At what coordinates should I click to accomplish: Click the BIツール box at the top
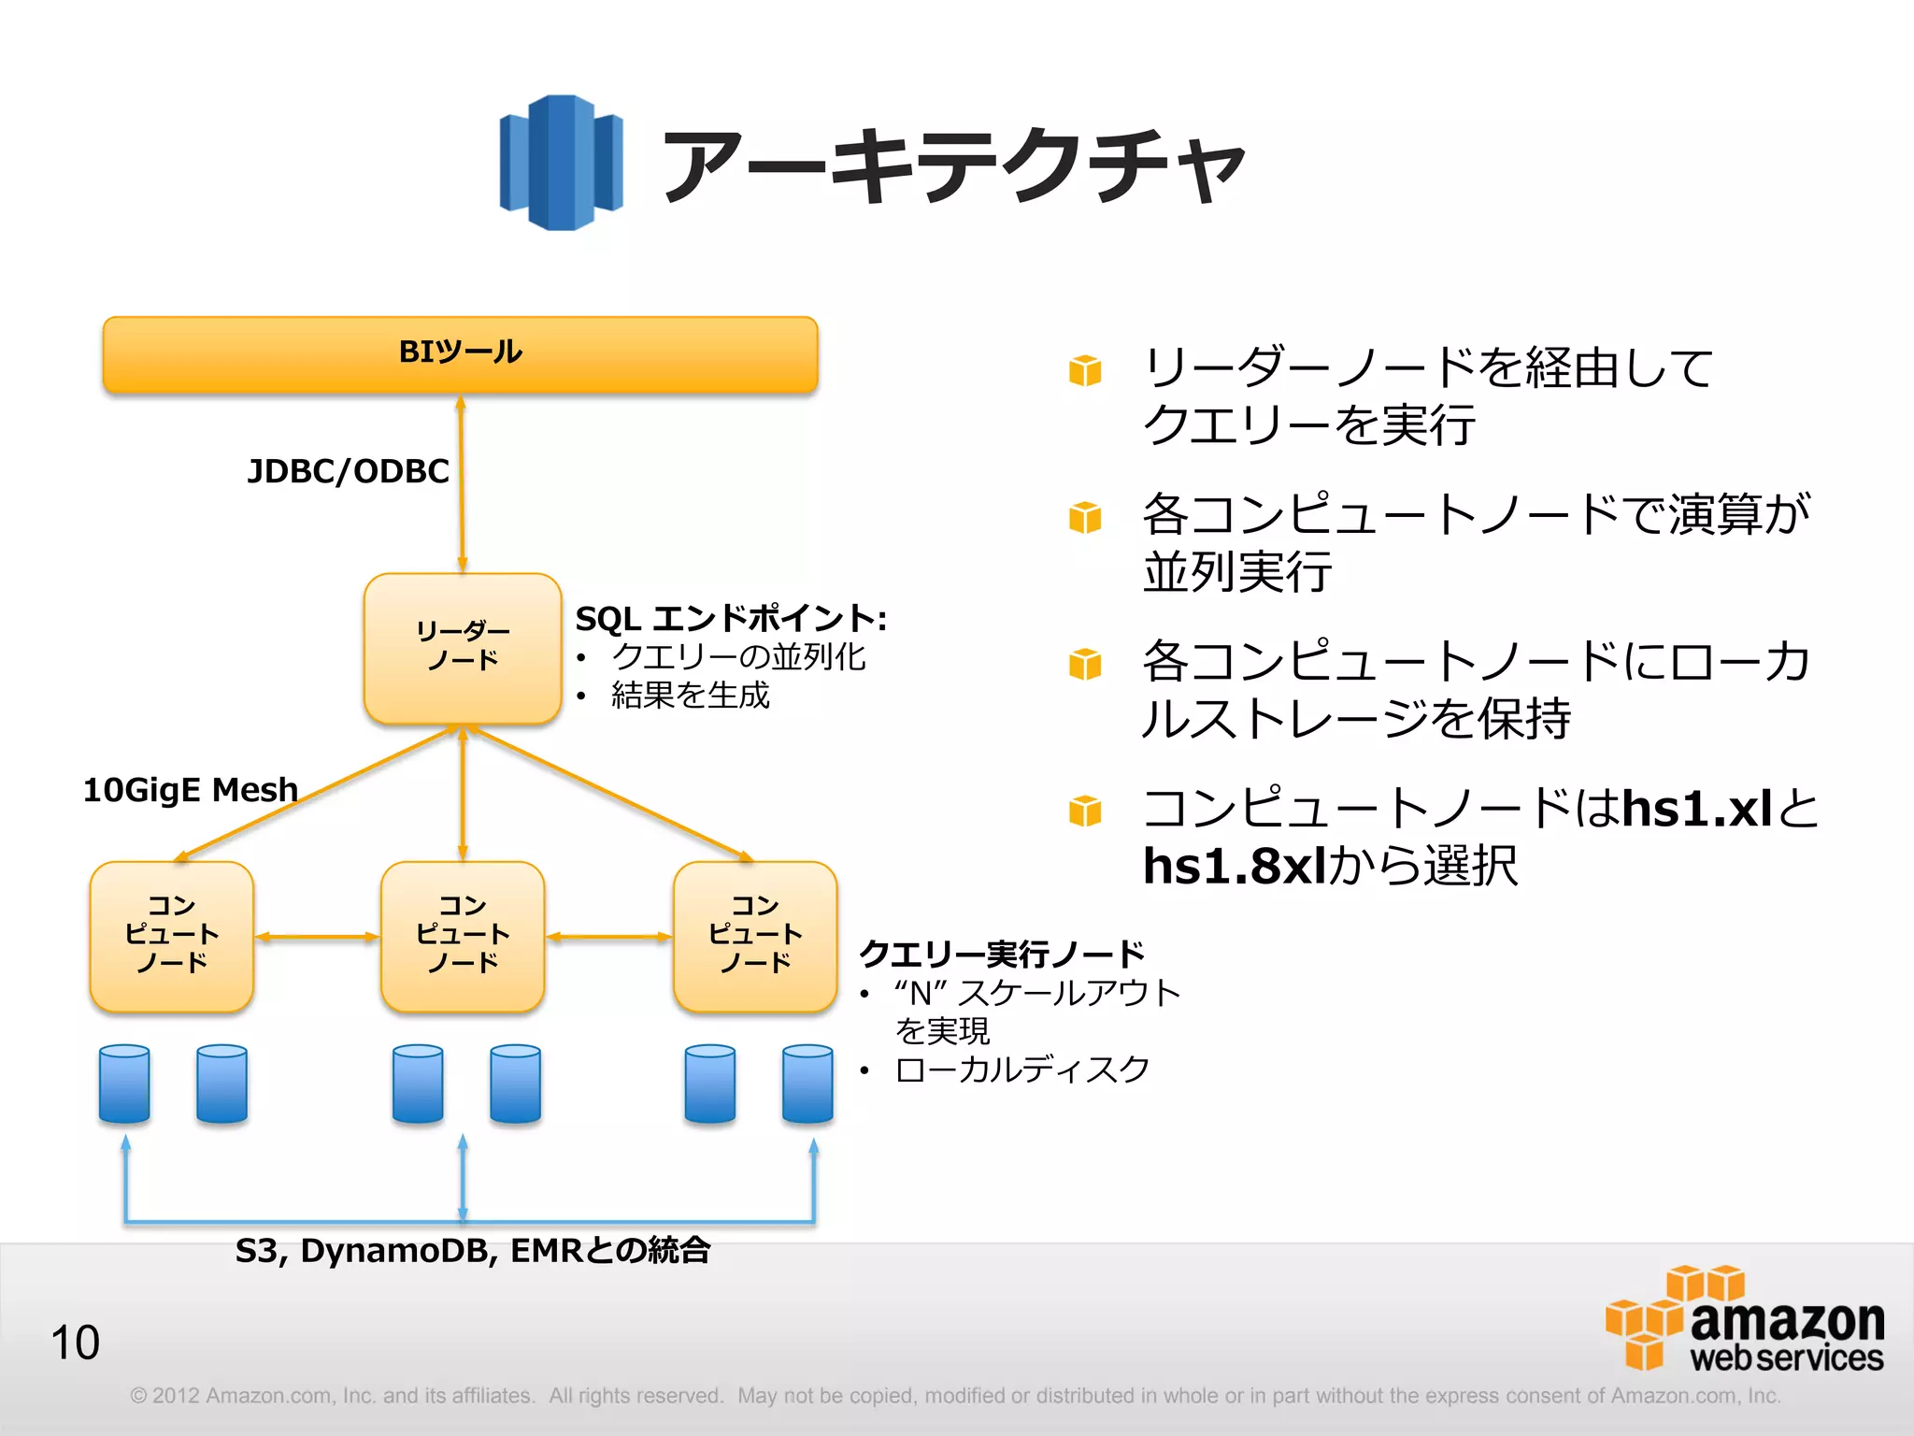pyautogui.click(x=460, y=354)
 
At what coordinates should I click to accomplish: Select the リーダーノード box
pyautogui.click(x=463, y=647)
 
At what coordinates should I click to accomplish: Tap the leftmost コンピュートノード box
pyautogui.click(x=172, y=936)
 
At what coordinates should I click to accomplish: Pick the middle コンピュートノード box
pyautogui.click(x=463, y=936)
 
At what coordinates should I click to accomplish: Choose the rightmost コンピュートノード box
pyautogui.click(x=755, y=936)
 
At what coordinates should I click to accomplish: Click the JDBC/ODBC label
pyautogui.click(x=348, y=471)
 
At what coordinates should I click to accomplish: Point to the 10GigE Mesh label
pyautogui.click(x=191, y=790)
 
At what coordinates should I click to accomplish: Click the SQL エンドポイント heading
pyautogui.click(x=730, y=618)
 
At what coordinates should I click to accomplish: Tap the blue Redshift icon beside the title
pyautogui.click(x=562, y=163)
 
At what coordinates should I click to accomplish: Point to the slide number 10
pyautogui.click(x=75, y=1343)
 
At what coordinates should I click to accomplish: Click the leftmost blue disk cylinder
pyautogui.click(x=124, y=1084)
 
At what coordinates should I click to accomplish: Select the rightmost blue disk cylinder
pyautogui.click(x=807, y=1084)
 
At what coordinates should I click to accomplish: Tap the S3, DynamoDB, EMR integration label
pyautogui.click(x=472, y=1250)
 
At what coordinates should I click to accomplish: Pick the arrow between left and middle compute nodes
pyautogui.click(x=318, y=937)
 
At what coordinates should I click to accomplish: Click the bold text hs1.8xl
pyautogui.click(x=1234, y=866)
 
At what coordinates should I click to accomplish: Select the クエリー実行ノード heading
pyautogui.click(x=1001, y=954)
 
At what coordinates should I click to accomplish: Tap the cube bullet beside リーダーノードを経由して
pyautogui.click(x=1085, y=370)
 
